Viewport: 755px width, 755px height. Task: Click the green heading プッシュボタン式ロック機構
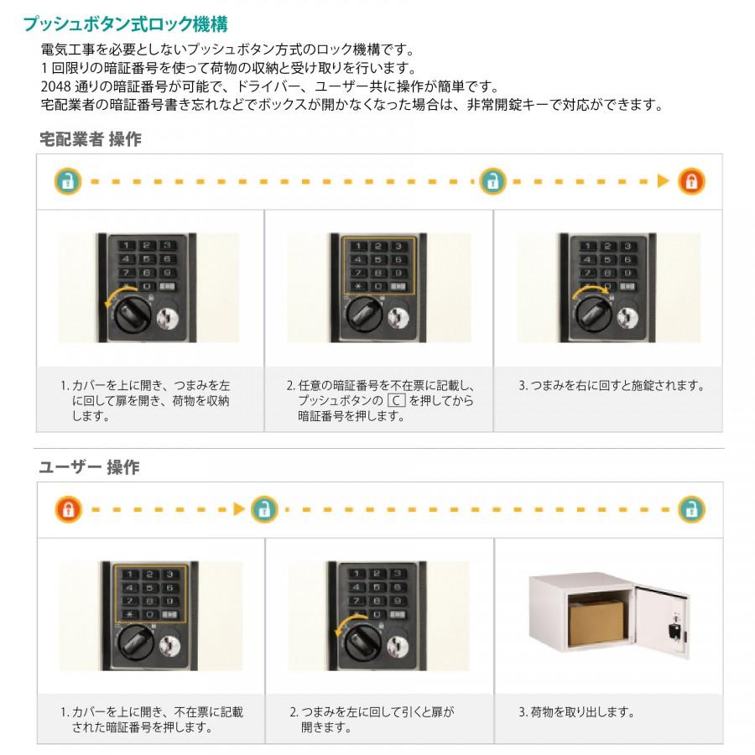pyautogui.click(x=126, y=24)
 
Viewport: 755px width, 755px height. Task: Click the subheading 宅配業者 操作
pyautogui.click(x=91, y=139)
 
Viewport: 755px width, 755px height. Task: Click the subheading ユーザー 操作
pyautogui.click(x=89, y=467)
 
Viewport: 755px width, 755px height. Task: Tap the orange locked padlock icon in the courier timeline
pyautogui.click(x=691, y=181)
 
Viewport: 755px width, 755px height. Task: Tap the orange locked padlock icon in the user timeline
pyautogui.click(x=69, y=509)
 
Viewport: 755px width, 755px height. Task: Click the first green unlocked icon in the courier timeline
pyautogui.click(x=68, y=181)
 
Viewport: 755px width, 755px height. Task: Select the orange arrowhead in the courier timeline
pyautogui.click(x=664, y=181)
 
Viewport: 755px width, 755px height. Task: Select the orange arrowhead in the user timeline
pyautogui.click(x=239, y=509)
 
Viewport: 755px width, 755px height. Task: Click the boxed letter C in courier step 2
pyautogui.click(x=396, y=401)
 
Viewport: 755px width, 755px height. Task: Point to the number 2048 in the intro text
pyautogui.click(x=55, y=86)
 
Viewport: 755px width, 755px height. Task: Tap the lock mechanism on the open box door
pyautogui.click(x=675, y=628)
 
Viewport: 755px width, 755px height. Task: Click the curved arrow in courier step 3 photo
pyautogui.click(x=591, y=291)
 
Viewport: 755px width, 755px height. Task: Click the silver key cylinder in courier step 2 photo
pyautogui.click(x=398, y=315)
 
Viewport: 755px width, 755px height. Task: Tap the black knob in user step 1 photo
pyautogui.click(x=136, y=643)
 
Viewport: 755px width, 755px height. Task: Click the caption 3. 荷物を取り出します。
pyautogui.click(x=577, y=711)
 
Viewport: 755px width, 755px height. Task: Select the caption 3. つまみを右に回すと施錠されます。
pyautogui.click(x=612, y=385)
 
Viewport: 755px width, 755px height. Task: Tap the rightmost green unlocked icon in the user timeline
pyautogui.click(x=692, y=509)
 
